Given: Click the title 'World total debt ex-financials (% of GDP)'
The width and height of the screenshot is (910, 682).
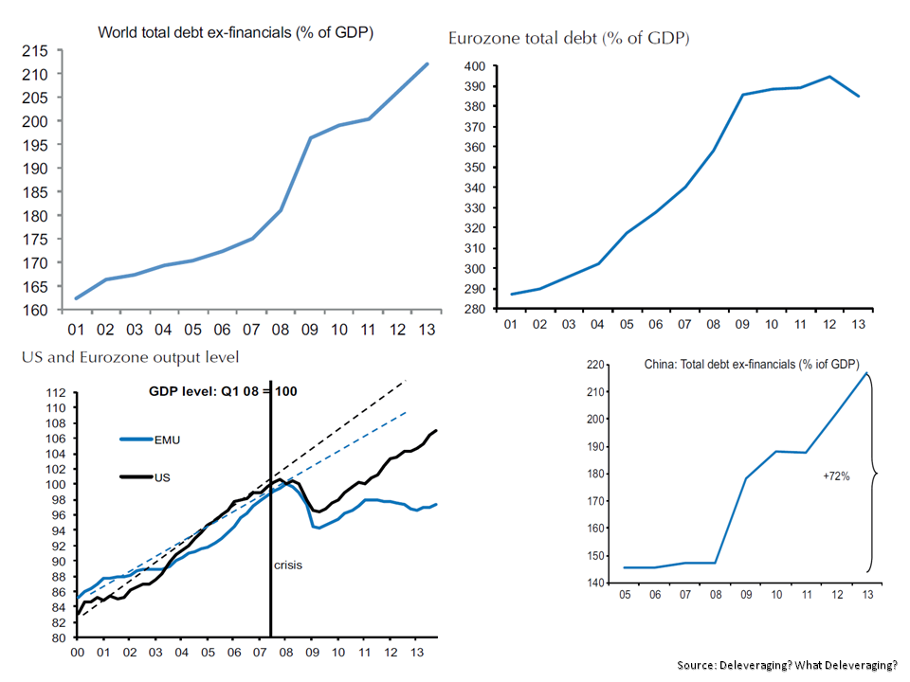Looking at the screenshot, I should point(236,32).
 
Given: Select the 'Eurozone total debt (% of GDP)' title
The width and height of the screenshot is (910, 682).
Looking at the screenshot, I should point(569,39).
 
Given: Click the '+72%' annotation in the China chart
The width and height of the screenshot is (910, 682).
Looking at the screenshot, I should point(836,476).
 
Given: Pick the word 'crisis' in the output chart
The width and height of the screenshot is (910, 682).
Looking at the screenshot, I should point(287,565).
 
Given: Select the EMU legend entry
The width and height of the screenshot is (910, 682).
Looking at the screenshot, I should point(162,439).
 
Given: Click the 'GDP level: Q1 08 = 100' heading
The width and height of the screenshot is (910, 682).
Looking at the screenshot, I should point(224,390).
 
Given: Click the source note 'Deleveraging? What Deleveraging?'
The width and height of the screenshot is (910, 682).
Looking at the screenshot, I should point(787,665).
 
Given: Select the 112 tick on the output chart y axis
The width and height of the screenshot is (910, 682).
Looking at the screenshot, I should point(58,393).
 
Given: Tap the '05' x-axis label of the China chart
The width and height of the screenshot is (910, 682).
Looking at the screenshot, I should point(625,594).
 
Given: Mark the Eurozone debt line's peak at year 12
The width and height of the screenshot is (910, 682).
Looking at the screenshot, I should point(829,77).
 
